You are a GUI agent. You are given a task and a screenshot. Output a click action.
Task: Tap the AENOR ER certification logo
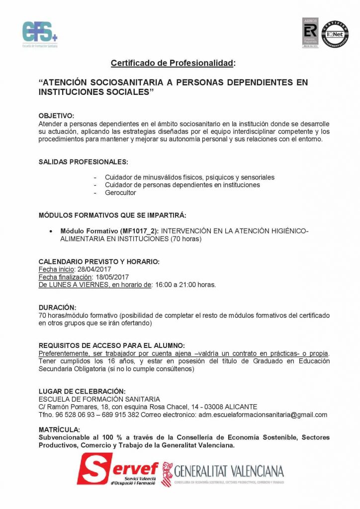pos(310,33)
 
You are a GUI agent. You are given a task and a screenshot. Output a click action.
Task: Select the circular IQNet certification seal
pos(336,34)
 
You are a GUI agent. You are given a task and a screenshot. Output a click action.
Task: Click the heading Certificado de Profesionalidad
pos(172,63)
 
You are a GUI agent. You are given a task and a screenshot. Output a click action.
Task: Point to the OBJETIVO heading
pos(56,115)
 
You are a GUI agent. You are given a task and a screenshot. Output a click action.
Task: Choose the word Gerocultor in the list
pos(120,193)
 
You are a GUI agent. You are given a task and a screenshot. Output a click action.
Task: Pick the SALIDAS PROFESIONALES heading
pos(84,162)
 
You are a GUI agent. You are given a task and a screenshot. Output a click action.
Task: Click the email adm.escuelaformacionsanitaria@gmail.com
pos(262,415)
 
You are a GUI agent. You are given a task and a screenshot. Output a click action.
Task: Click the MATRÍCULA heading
pos(59,429)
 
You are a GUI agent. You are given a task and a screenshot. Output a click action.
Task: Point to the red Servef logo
pos(117,471)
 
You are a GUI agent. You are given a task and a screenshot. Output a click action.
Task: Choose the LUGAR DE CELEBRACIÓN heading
pos(82,391)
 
